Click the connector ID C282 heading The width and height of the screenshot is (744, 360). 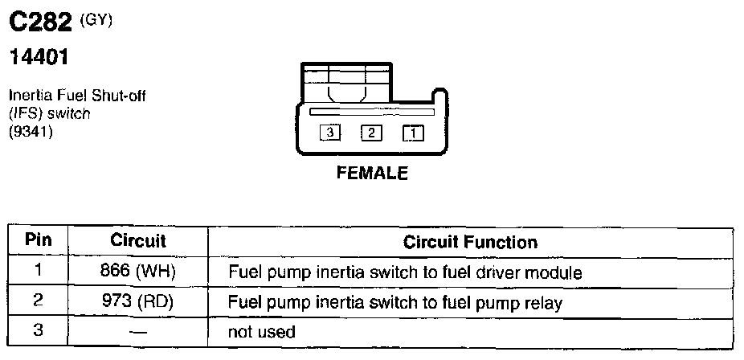pos(41,25)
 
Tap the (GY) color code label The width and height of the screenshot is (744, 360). pos(96,21)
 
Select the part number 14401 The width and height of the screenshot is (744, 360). pos(38,58)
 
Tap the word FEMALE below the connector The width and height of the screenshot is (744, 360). pos(372,173)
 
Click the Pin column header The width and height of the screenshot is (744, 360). pos(38,240)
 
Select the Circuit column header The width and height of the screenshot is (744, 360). pos(137,240)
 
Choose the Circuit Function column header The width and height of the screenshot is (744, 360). pos(470,241)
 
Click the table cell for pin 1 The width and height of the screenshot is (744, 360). pos(38,272)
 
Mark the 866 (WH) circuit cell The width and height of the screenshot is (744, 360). pos(137,272)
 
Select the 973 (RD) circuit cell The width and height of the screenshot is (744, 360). pos(137,302)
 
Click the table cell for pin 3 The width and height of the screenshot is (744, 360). pos(38,331)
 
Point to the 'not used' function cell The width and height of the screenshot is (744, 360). pos(262,331)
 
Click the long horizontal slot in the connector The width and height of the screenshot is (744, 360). pos(371,112)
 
